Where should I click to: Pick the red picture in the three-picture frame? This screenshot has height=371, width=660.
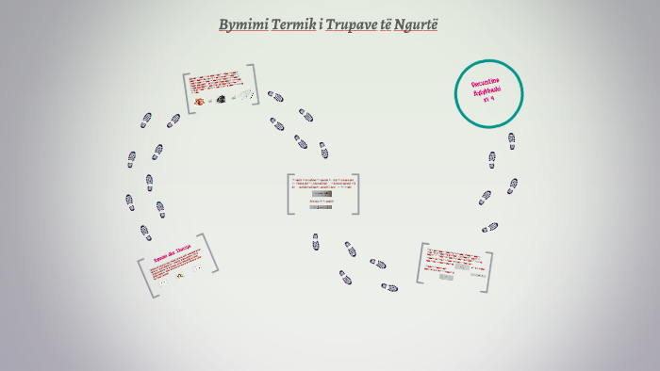click(x=200, y=101)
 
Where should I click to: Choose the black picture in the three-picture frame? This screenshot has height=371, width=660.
click(x=221, y=99)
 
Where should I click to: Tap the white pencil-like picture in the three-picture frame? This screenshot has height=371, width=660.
click(x=246, y=95)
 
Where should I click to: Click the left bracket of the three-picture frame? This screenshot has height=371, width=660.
click(x=188, y=93)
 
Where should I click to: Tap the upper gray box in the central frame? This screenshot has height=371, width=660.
click(x=322, y=193)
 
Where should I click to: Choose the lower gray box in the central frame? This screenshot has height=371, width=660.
click(x=321, y=206)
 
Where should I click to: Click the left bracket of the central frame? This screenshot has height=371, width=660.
click(x=289, y=194)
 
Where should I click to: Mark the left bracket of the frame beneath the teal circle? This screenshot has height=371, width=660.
click(x=421, y=263)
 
